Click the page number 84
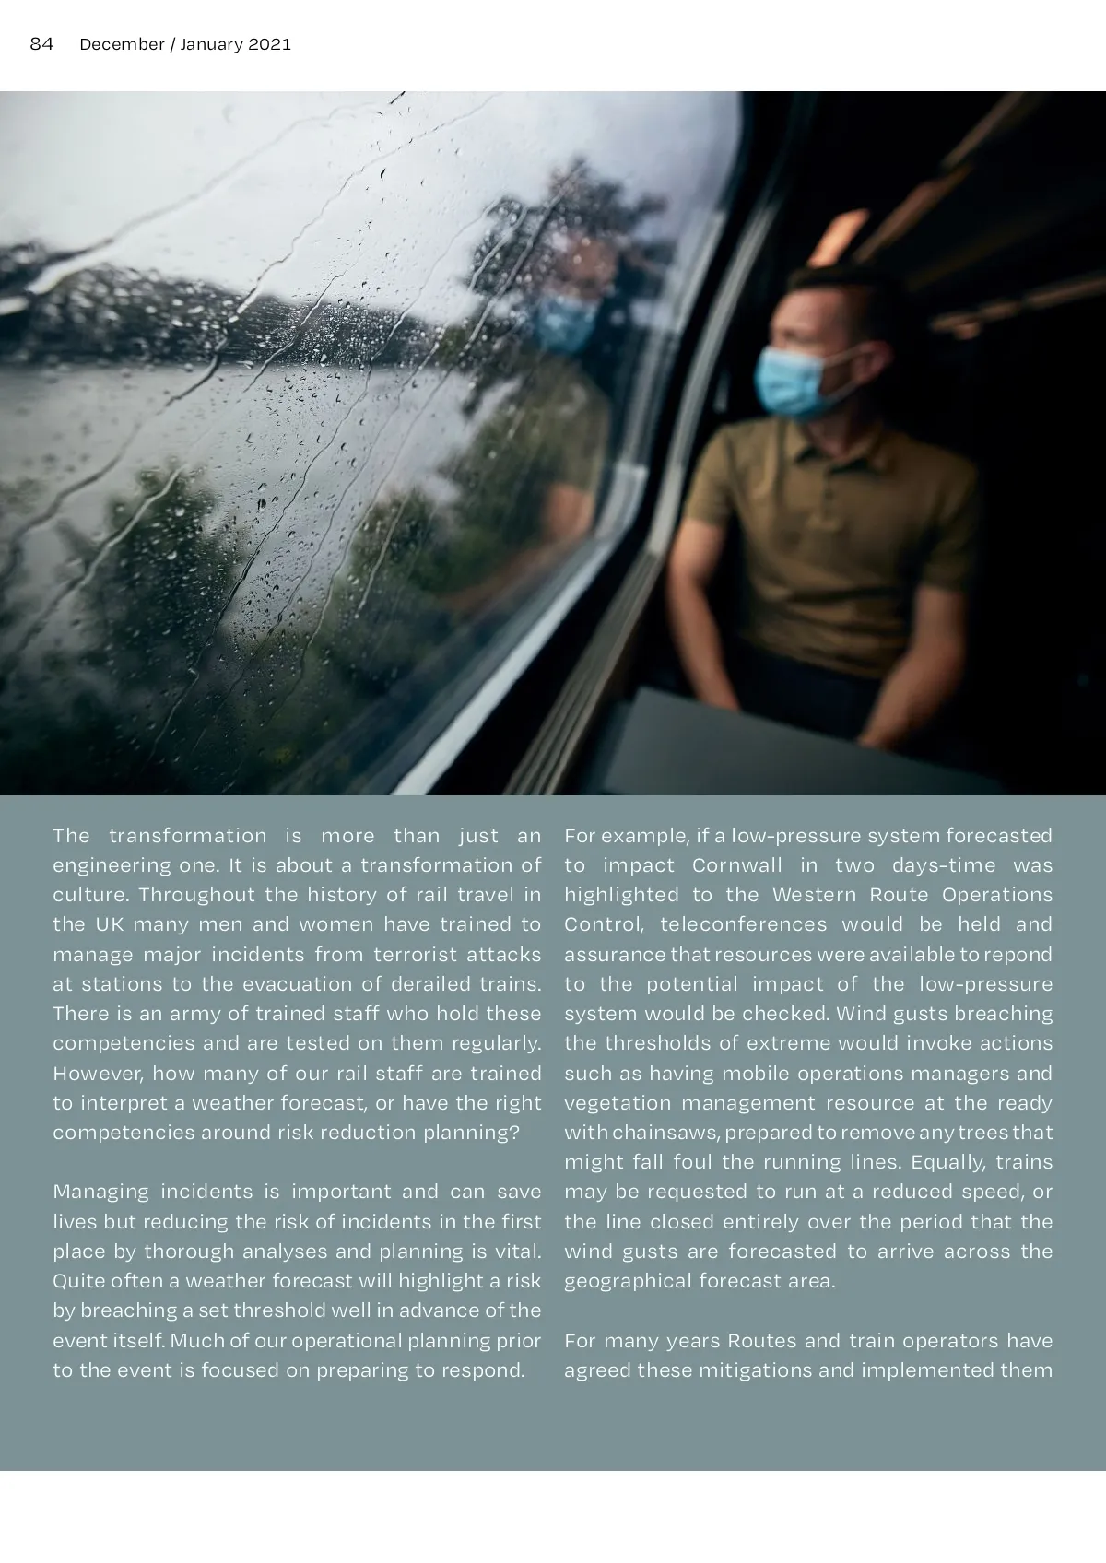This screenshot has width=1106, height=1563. [x=41, y=44]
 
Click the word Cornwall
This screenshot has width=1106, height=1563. [x=735, y=865]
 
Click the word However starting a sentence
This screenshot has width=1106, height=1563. [x=96, y=1074]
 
